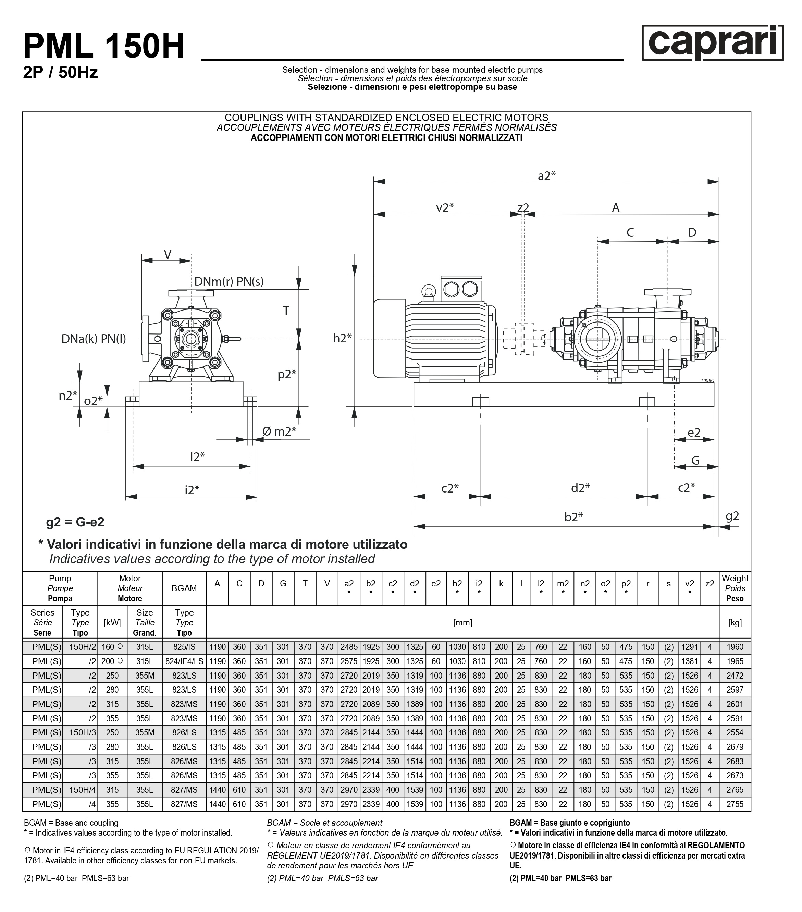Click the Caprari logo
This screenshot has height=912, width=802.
tap(712, 42)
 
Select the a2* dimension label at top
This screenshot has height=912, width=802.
tap(546, 175)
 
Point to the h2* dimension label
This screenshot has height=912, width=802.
tap(343, 338)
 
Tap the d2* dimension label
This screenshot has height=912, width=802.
tap(580, 488)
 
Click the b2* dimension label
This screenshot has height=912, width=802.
tap(573, 517)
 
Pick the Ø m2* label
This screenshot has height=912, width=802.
tap(279, 431)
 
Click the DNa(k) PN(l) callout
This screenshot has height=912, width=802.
tap(94, 339)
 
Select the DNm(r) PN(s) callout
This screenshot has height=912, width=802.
tap(229, 281)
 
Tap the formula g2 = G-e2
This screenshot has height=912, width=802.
tap(75, 522)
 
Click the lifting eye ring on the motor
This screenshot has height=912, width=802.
tap(429, 291)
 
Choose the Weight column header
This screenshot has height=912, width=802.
tap(735, 588)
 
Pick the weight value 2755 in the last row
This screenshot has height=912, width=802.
tap(735, 804)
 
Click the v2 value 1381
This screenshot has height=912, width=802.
tap(689, 661)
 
